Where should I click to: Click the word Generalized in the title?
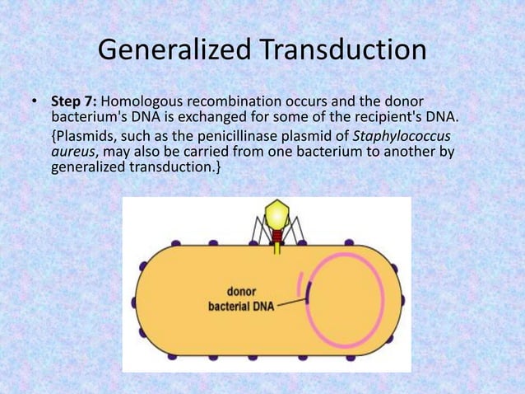(x=170, y=51)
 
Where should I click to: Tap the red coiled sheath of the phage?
(x=277, y=235)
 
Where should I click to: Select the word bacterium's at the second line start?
(x=84, y=117)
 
